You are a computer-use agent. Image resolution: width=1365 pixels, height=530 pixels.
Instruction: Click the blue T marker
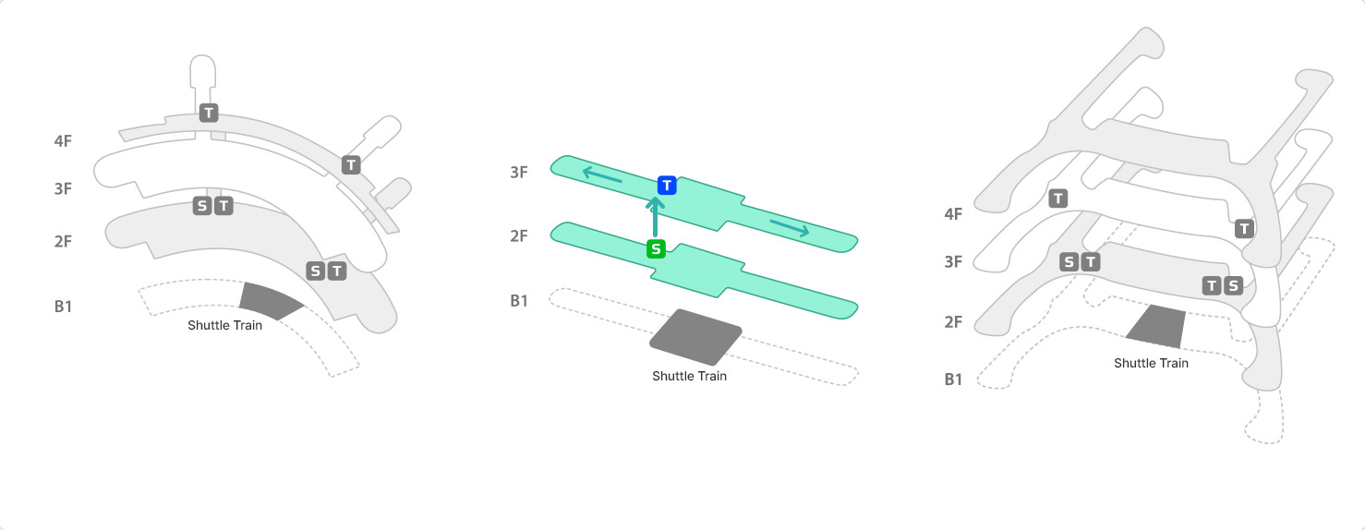667,186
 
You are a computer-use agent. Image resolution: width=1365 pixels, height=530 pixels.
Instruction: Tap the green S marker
656,248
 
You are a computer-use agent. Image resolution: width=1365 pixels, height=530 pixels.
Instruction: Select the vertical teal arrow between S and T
655,217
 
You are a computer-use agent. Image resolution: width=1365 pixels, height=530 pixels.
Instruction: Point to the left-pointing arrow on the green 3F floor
602,175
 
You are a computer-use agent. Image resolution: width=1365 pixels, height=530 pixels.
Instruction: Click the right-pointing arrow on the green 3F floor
790,228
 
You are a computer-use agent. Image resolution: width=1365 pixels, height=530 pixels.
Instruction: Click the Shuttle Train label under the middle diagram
689,376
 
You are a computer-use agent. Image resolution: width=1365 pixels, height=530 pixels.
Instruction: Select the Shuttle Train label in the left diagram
224,325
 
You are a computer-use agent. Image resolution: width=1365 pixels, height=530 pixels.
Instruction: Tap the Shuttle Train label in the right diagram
1151,363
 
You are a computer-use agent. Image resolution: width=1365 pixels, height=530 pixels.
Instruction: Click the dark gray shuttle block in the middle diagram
696,338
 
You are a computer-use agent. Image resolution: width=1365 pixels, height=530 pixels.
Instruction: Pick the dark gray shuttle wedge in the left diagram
268,300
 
